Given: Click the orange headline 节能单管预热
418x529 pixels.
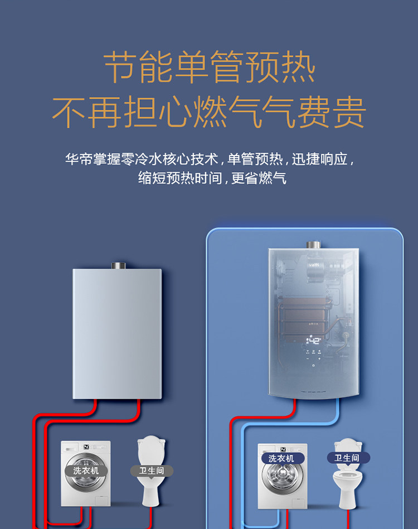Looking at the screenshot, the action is click(209, 68).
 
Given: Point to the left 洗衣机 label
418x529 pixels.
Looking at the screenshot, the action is click(85, 471).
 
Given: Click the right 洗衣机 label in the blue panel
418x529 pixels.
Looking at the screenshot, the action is click(283, 458).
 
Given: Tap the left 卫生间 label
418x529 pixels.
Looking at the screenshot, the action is click(151, 471).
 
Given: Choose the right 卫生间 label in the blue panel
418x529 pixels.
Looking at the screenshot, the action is click(347, 458).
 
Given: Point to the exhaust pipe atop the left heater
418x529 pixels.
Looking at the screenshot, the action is click(117, 265).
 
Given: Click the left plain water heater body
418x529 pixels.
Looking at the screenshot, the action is click(117, 334).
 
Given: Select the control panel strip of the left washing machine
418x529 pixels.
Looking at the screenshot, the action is click(85, 447).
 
